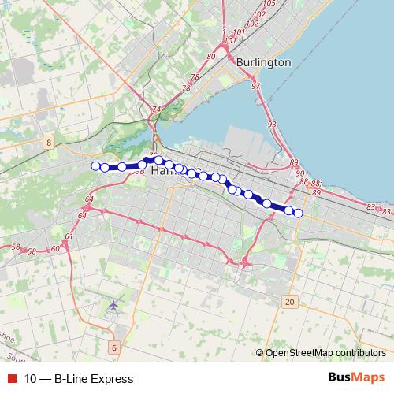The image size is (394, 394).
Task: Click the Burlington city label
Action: coord(264,62)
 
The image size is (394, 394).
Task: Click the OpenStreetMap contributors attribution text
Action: coord(325,353)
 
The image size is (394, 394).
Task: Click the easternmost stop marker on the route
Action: coord(298,212)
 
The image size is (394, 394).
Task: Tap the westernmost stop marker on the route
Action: coord(96,165)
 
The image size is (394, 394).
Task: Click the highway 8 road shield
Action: coord(50,143)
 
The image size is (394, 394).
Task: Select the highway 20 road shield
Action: coord(290,302)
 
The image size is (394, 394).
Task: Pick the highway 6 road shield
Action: coord(113,348)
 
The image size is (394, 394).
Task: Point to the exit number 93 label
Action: coord(272,125)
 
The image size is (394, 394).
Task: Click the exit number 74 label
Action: coord(157,109)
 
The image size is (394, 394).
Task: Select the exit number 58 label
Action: coord(17,248)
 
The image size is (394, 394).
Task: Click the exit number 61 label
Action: coord(69,236)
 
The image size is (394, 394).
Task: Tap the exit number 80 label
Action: coord(210,57)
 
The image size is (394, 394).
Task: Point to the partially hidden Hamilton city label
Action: coord(164,170)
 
